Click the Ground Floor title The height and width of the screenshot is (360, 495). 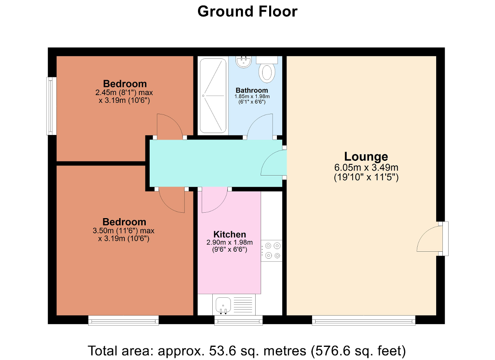point(247,12)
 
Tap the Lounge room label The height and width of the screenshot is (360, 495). point(366,157)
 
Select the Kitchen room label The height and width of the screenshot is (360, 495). point(229,234)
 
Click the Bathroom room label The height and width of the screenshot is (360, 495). point(252,90)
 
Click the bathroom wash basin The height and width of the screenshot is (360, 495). point(243,62)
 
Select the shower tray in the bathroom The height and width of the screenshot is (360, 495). point(212,95)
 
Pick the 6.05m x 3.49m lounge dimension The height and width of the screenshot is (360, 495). point(366,168)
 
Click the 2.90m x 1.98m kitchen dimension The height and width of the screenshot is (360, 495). point(229,242)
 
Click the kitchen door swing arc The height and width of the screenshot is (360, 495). point(214,201)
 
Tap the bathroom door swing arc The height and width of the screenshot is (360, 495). point(260,126)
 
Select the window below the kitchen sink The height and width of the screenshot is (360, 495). point(238,320)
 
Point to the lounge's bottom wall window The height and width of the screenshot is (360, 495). point(364,320)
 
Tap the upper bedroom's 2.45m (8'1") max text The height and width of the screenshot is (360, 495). point(125,93)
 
